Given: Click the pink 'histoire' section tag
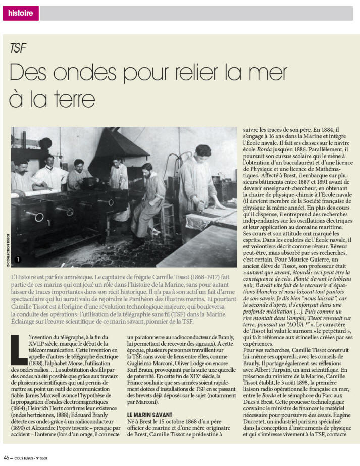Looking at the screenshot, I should point(21,13).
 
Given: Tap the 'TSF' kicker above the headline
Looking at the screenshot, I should point(18,48).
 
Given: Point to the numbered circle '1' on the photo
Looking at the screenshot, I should point(18,260).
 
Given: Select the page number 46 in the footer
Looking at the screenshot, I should point(7,459).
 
